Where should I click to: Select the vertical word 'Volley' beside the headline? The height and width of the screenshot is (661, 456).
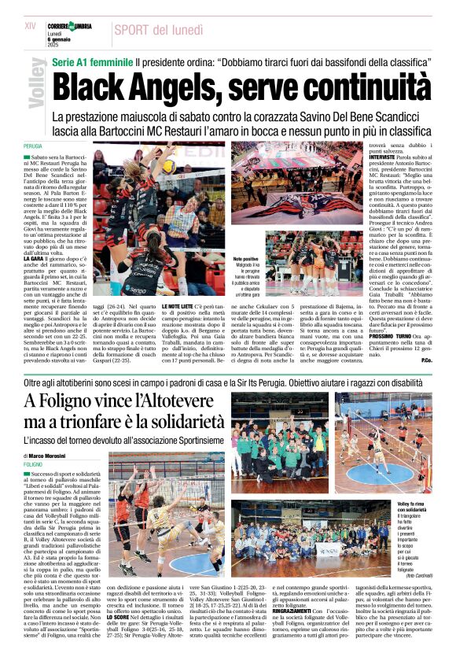click(36, 83)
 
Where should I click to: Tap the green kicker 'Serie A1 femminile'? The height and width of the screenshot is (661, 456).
click(91, 61)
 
